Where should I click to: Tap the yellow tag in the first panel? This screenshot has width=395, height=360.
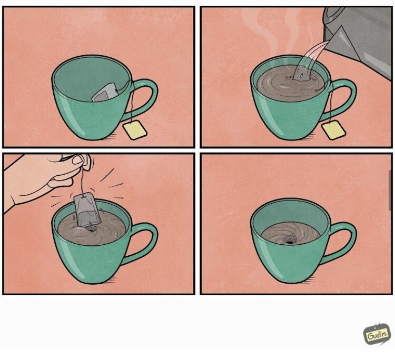point(135,130)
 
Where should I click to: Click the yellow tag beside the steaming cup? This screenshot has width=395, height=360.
point(333,130)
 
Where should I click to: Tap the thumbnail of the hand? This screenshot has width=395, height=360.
point(78,159)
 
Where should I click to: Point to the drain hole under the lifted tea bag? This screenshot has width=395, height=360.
point(91,228)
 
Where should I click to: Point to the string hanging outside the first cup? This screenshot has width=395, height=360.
point(131,106)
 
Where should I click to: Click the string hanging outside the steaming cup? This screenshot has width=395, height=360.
point(330,106)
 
